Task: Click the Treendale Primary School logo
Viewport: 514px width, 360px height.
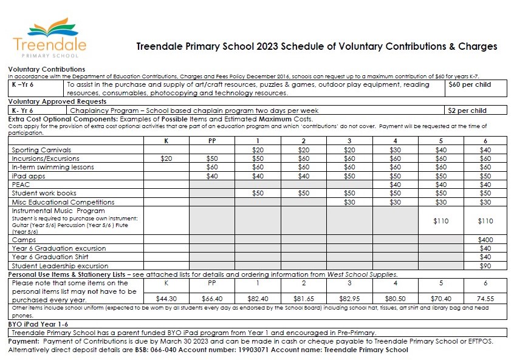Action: coord(50,35)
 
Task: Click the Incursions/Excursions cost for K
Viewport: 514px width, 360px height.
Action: coord(166,158)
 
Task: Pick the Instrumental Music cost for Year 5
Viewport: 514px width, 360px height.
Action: coord(440,222)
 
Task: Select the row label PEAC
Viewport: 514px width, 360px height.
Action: coord(21,184)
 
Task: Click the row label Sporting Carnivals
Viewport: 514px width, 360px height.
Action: coord(41,149)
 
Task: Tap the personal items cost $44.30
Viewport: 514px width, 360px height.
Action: coord(166,298)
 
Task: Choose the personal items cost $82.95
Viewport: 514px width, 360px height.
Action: coord(349,298)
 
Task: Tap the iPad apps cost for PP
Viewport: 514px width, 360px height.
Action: coord(212,175)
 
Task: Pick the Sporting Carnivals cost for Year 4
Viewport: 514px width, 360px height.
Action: coord(395,149)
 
